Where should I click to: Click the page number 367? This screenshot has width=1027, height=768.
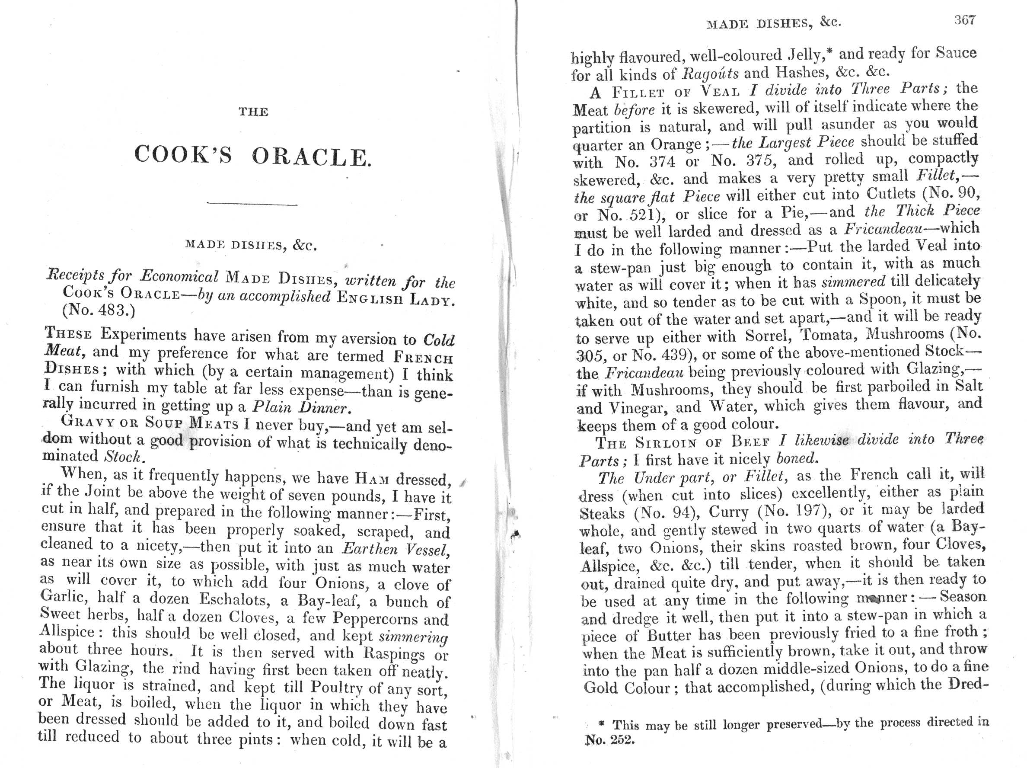click(964, 20)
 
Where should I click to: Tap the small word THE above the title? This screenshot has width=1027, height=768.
click(253, 112)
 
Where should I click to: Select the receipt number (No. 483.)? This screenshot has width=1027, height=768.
click(98, 310)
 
